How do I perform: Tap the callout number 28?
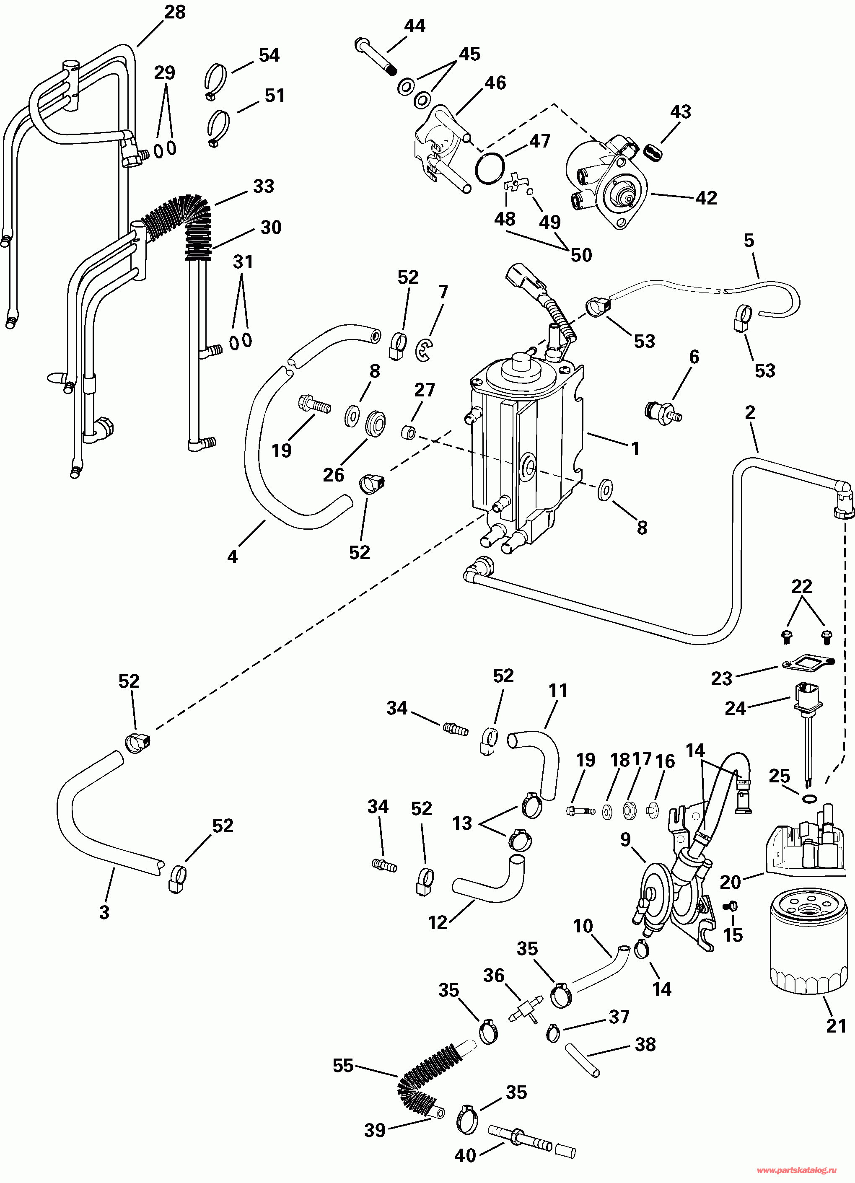175,12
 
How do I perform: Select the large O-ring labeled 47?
490,168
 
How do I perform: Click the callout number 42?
706,198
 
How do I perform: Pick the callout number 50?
581,255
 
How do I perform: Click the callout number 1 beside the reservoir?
635,448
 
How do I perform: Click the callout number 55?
343,1066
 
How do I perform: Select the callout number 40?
465,1166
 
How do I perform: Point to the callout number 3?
104,912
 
